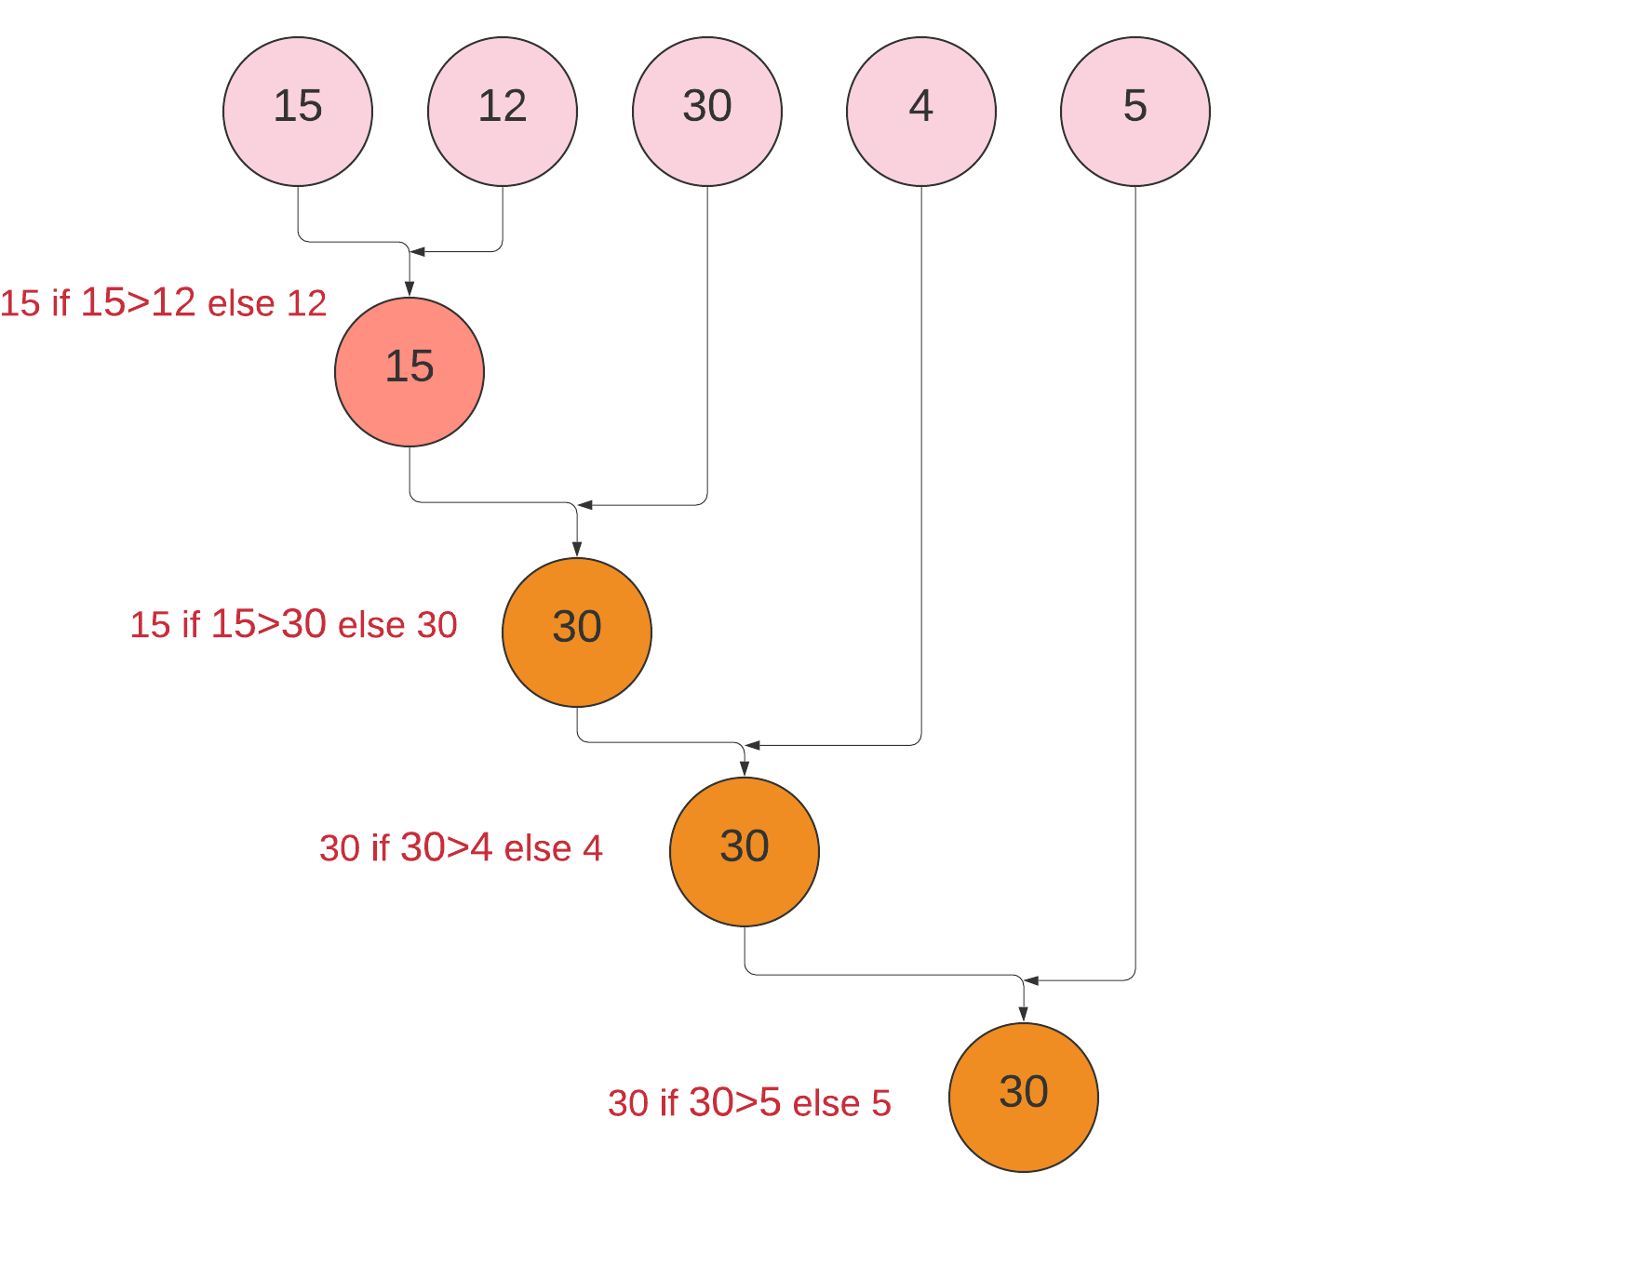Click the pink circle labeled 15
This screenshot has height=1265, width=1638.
pyautogui.click(x=298, y=112)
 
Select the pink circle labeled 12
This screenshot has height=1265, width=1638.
pyautogui.click(x=503, y=112)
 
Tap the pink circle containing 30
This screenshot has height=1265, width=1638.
pyautogui.click(x=707, y=112)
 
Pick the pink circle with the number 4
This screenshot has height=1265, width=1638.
pyautogui.click(x=921, y=112)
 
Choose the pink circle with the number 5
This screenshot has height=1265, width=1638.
pyautogui.click(x=1135, y=112)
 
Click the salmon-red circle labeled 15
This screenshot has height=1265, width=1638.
pyautogui.click(x=409, y=372)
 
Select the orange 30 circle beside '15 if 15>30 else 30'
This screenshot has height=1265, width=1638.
pyautogui.click(x=577, y=632)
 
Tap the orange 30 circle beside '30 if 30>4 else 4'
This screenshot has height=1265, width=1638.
pyautogui.click(x=745, y=852)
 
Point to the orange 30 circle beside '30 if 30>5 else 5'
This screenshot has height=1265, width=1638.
pyautogui.click(x=1024, y=1098)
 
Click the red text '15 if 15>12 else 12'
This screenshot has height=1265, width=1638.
pyautogui.click(x=164, y=303)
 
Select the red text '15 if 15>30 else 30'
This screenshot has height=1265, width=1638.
pyautogui.click(x=294, y=625)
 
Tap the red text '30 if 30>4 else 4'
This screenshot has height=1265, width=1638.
pyautogui.click(x=461, y=848)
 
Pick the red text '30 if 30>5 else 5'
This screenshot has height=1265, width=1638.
pyautogui.click(x=749, y=1103)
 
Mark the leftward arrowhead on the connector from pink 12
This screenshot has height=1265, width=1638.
pyautogui.click(x=418, y=251)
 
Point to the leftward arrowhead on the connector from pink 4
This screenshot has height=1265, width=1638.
pyautogui.click(x=753, y=745)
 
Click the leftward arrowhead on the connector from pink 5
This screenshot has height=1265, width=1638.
pyautogui.click(x=1032, y=980)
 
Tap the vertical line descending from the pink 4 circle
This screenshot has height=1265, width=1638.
pyautogui.click(x=921, y=465)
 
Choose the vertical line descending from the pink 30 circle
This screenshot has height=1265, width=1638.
pyautogui.click(x=707, y=344)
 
